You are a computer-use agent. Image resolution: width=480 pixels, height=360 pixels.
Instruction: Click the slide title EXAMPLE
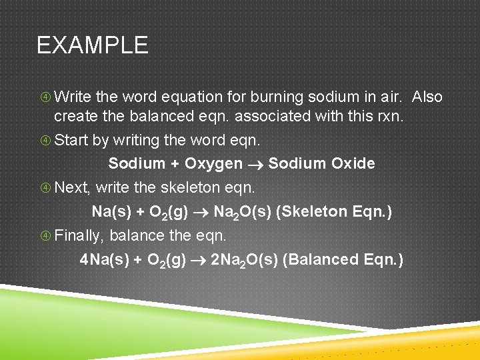tap(92, 45)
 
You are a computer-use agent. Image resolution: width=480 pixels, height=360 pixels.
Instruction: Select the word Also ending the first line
tap(427, 97)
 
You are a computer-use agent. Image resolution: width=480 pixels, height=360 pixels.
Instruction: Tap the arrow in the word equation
tap(255, 164)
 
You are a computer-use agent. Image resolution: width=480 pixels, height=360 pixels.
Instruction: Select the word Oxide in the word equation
tap(353, 163)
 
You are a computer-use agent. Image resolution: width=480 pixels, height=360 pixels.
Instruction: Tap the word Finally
tap(79, 235)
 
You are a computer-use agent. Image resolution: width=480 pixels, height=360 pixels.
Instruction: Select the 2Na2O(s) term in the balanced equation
tap(244, 260)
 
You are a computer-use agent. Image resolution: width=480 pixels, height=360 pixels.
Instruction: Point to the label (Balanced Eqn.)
tap(343, 259)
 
